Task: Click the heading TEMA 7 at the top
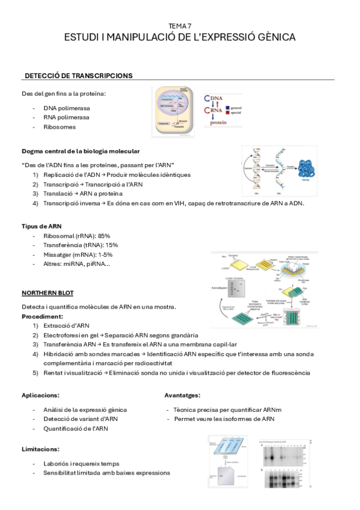[180, 26]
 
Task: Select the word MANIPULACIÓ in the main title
[136, 37]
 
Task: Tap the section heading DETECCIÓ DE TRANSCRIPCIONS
[78, 76]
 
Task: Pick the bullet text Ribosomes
[59, 127]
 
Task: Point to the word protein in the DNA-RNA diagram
[219, 122]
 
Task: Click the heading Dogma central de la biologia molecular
[81, 151]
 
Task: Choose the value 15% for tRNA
[112, 245]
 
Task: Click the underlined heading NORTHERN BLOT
[47, 293]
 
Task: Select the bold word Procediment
[43, 316]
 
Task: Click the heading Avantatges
[183, 395]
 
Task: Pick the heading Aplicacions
[40, 395]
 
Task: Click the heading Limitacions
[40, 449]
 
